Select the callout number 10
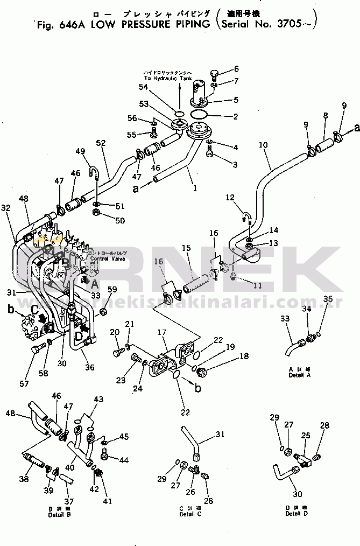[x=263, y=145]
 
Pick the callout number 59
[x=111, y=290]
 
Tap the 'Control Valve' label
[x=107, y=259]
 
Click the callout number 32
[x=5, y=207]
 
